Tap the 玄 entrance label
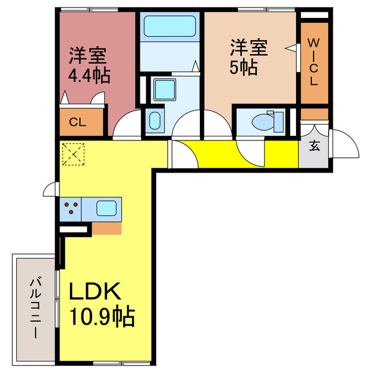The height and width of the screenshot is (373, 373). point(314,146)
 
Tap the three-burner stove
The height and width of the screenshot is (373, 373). point(72,209)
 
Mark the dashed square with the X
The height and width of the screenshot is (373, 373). point(73,154)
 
